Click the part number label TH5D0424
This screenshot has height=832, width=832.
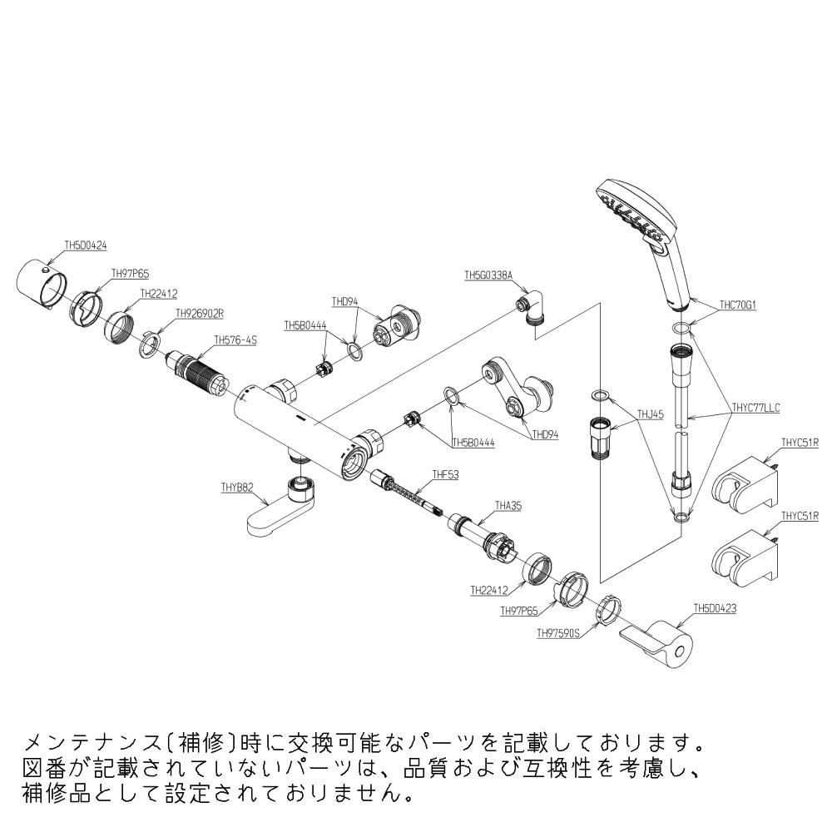coord(86,245)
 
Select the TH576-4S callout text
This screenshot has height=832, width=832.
coord(235,339)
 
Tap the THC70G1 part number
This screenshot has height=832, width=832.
coord(736,305)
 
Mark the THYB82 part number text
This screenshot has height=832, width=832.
coord(237,488)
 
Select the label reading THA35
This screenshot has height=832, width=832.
coord(508,505)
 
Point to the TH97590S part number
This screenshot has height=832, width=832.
coord(558,632)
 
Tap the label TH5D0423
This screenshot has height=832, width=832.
coord(715,608)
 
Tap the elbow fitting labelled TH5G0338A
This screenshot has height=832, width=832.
coord(532,308)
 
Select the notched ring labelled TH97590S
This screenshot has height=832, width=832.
coord(607,609)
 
